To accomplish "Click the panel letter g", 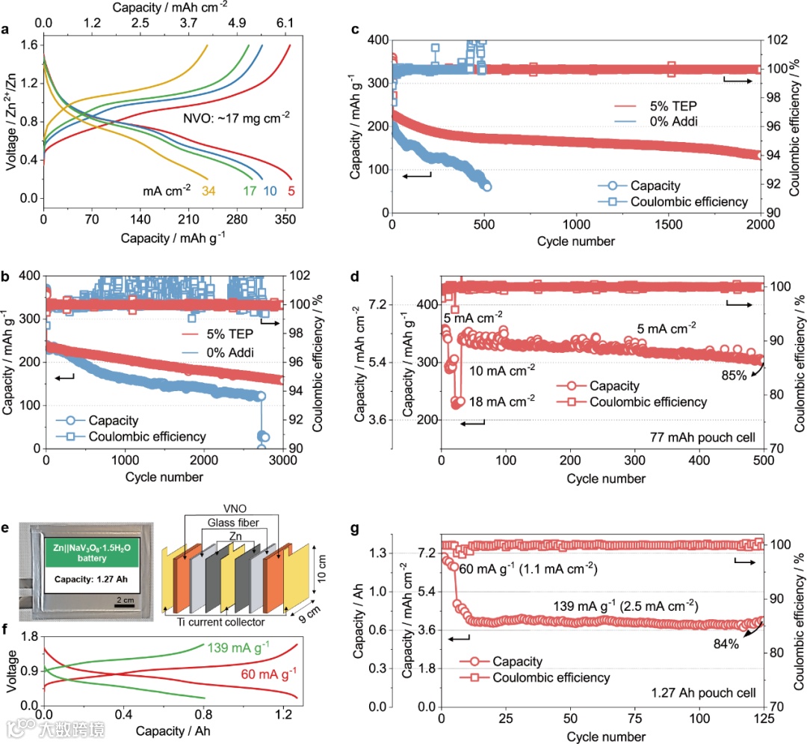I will coord(355,529).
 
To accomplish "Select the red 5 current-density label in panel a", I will coord(289,190).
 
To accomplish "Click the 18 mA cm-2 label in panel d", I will coord(502,400).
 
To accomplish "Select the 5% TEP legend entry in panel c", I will coord(655,107).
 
